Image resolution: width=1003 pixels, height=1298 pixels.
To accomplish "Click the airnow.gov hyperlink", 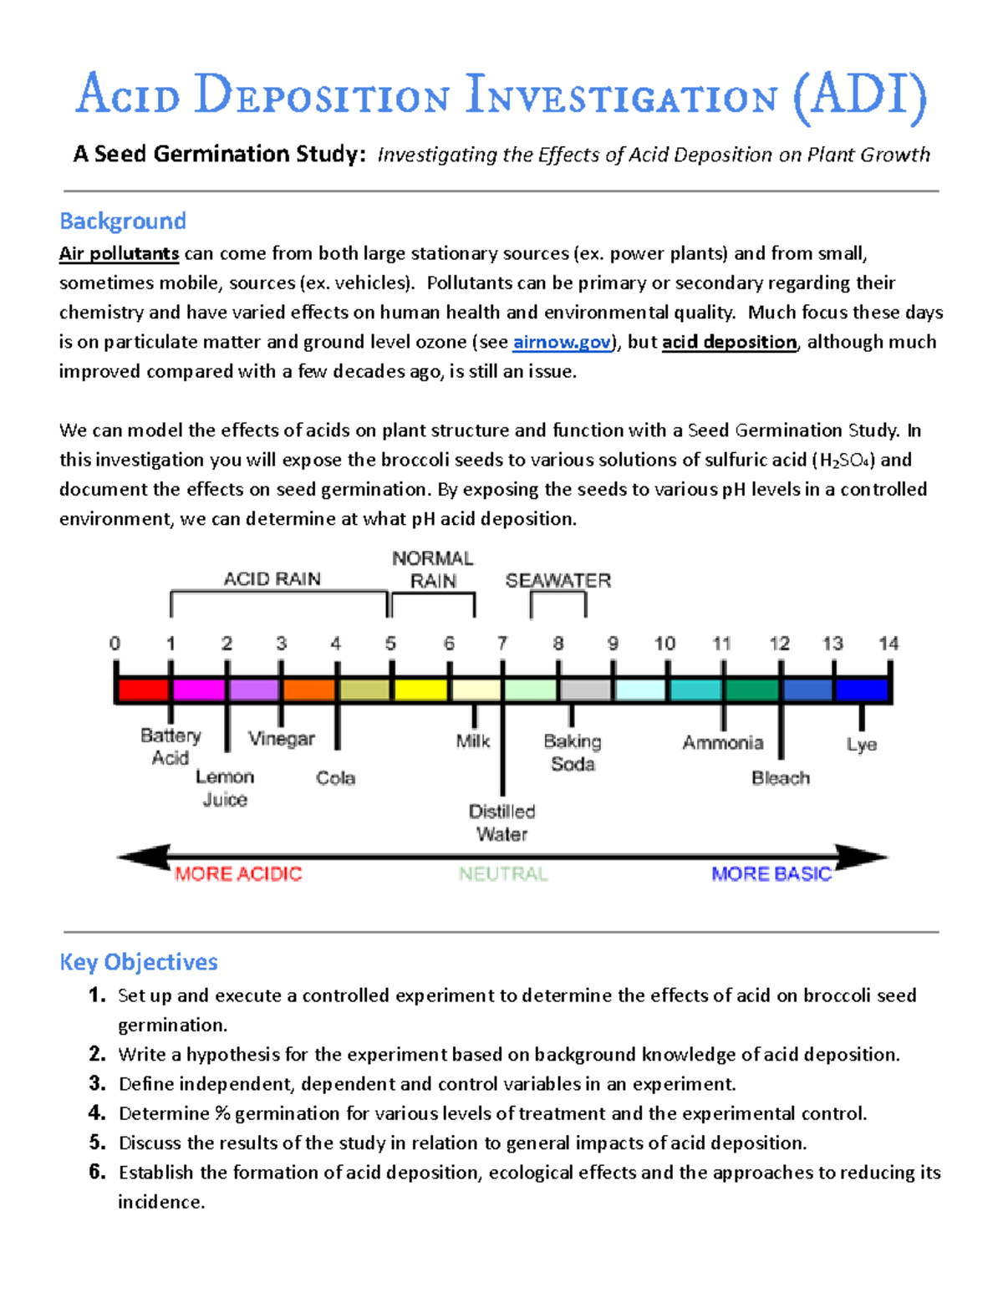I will pos(562,342).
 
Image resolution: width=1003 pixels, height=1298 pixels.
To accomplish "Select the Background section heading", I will pos(123,221).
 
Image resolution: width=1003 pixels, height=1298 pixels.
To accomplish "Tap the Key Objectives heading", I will pos(139,962).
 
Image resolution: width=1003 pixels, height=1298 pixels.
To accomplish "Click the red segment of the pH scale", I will pos(144,690).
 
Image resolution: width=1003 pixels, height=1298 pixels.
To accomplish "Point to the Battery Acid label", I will pos(171,746).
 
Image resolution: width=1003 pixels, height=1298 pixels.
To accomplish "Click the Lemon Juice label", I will pos(225,787).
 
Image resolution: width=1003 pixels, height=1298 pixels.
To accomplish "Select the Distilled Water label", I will pos(501,822).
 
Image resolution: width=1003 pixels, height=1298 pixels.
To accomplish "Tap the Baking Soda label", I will pos(573,752).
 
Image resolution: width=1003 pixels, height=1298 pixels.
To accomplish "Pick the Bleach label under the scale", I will pos(781,778).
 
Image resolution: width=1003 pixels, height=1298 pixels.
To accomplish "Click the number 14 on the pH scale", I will pos(888,644).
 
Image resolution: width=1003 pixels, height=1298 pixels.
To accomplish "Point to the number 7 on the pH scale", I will pos(502,644).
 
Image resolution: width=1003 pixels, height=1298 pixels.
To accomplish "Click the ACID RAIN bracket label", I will pos(272,579).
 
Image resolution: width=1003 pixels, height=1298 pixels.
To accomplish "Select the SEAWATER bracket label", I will pos(558,581).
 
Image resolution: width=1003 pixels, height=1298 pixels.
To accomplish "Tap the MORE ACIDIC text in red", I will pos(238,874).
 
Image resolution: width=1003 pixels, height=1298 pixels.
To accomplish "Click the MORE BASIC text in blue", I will pos(771,874).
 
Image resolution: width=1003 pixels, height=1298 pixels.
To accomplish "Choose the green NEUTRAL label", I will pos(503,874).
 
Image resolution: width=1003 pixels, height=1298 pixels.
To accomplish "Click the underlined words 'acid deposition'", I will pos(729,342).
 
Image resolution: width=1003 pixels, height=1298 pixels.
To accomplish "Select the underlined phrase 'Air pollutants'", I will pos(119,253).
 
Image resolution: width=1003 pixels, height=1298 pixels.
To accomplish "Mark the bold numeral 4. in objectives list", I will pos(97,1112).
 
